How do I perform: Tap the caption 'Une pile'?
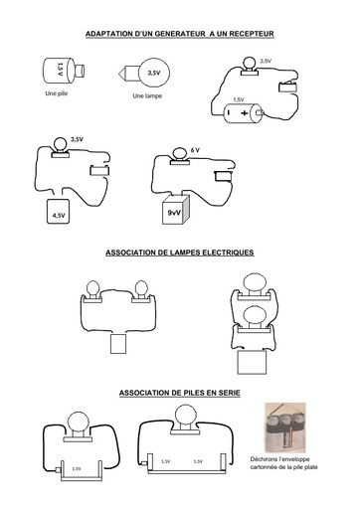(57, 93)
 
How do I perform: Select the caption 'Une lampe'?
(147, 96)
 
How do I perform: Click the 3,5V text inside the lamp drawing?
(154, 73)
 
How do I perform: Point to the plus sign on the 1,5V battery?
(245, 113)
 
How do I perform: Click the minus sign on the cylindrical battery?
(228, 112)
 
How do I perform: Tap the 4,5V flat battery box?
(59, 211)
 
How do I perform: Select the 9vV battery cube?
(176, 210)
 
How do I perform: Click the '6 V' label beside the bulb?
(195, 150)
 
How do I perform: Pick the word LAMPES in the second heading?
(184, 253)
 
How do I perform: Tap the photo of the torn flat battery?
(285, 427)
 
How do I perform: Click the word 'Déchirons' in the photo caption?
(265, 459)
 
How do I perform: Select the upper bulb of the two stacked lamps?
(255, 283)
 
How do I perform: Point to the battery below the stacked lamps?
(253, 363)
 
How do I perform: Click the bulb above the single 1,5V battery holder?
(79, 423)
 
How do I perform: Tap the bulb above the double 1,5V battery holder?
(186, 415)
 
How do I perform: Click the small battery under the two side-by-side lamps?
(118, 344)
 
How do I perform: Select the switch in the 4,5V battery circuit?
(99, 170)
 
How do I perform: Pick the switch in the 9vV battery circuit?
(224, 176)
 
